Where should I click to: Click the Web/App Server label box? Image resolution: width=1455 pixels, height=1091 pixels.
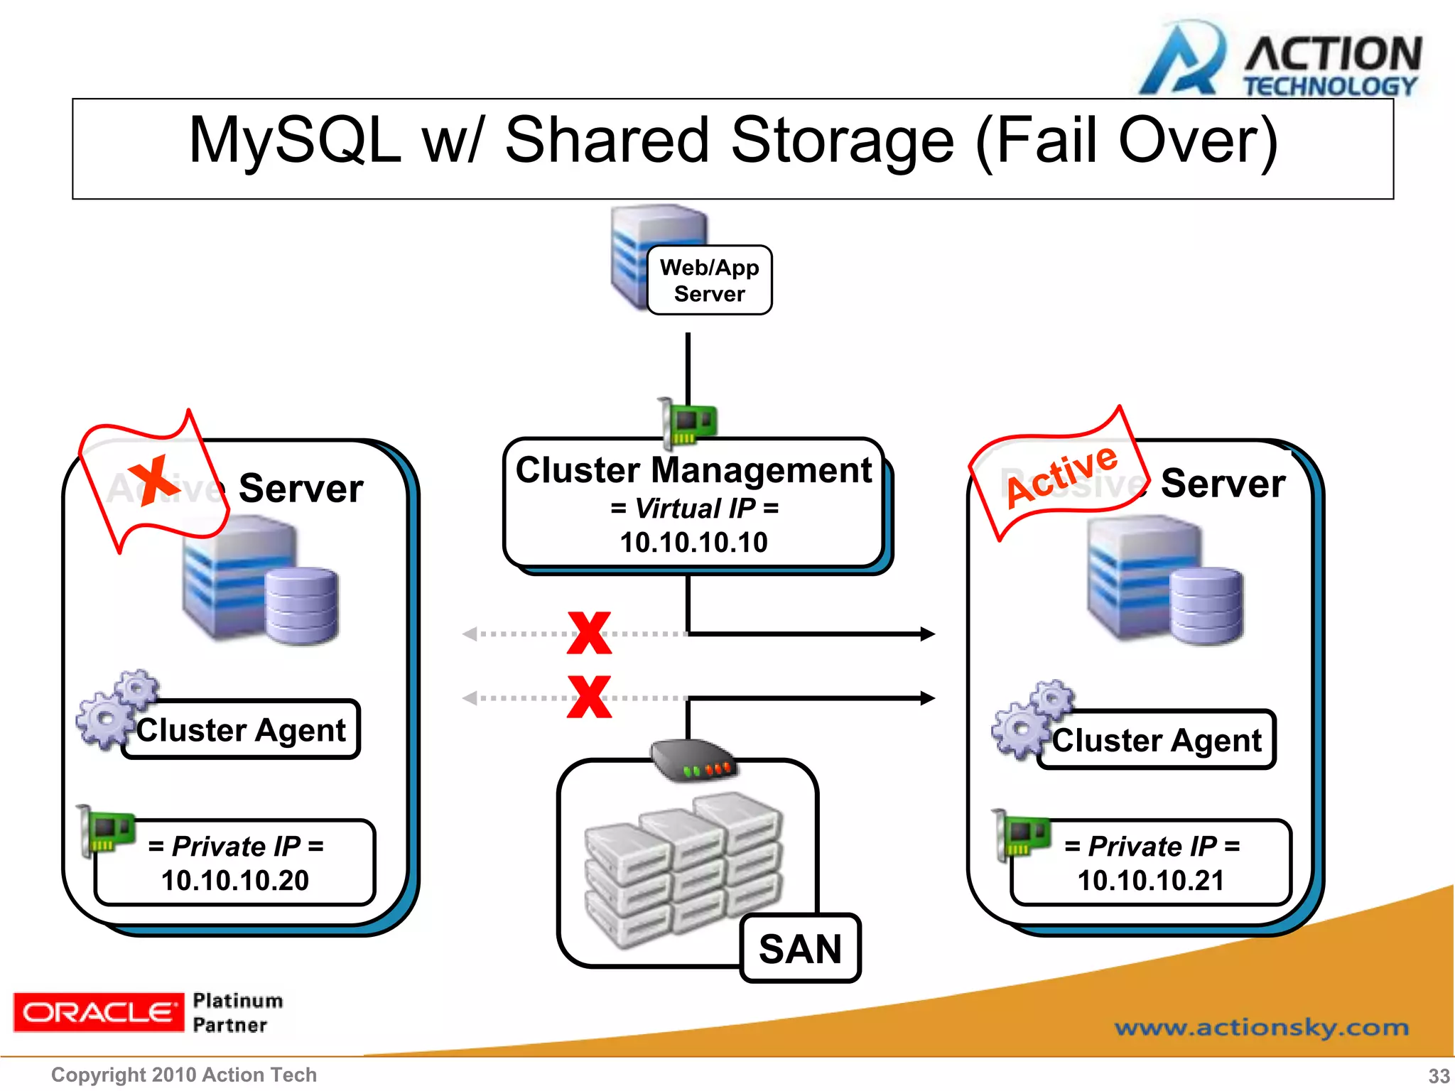tap(709, 281)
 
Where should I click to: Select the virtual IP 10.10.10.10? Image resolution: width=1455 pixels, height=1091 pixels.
tap(693, 543)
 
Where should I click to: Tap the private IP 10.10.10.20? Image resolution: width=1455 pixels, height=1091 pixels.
tap(235, 881)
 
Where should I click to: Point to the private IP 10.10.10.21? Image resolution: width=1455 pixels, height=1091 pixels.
tap(1151, 881)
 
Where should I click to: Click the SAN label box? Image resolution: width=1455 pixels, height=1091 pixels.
tap(800, 949)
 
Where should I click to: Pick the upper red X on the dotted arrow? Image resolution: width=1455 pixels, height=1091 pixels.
tap(589, 633)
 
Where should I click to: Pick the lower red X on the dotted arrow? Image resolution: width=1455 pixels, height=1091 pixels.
tap(589, 697)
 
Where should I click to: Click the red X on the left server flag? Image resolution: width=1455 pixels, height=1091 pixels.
tap(153, 480)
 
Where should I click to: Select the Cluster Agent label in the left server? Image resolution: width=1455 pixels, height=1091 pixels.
tap(241, 730)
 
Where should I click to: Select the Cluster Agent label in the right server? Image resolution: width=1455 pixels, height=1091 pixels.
tap(1157, 740)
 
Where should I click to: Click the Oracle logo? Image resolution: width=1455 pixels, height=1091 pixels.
tap(98, 1012)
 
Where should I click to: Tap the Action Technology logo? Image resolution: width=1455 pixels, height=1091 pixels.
tap(1279, 60)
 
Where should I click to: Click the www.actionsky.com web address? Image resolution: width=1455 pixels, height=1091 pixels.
tap(1261, 1028)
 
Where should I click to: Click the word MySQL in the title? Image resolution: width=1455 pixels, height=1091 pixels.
tap(295, 141)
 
